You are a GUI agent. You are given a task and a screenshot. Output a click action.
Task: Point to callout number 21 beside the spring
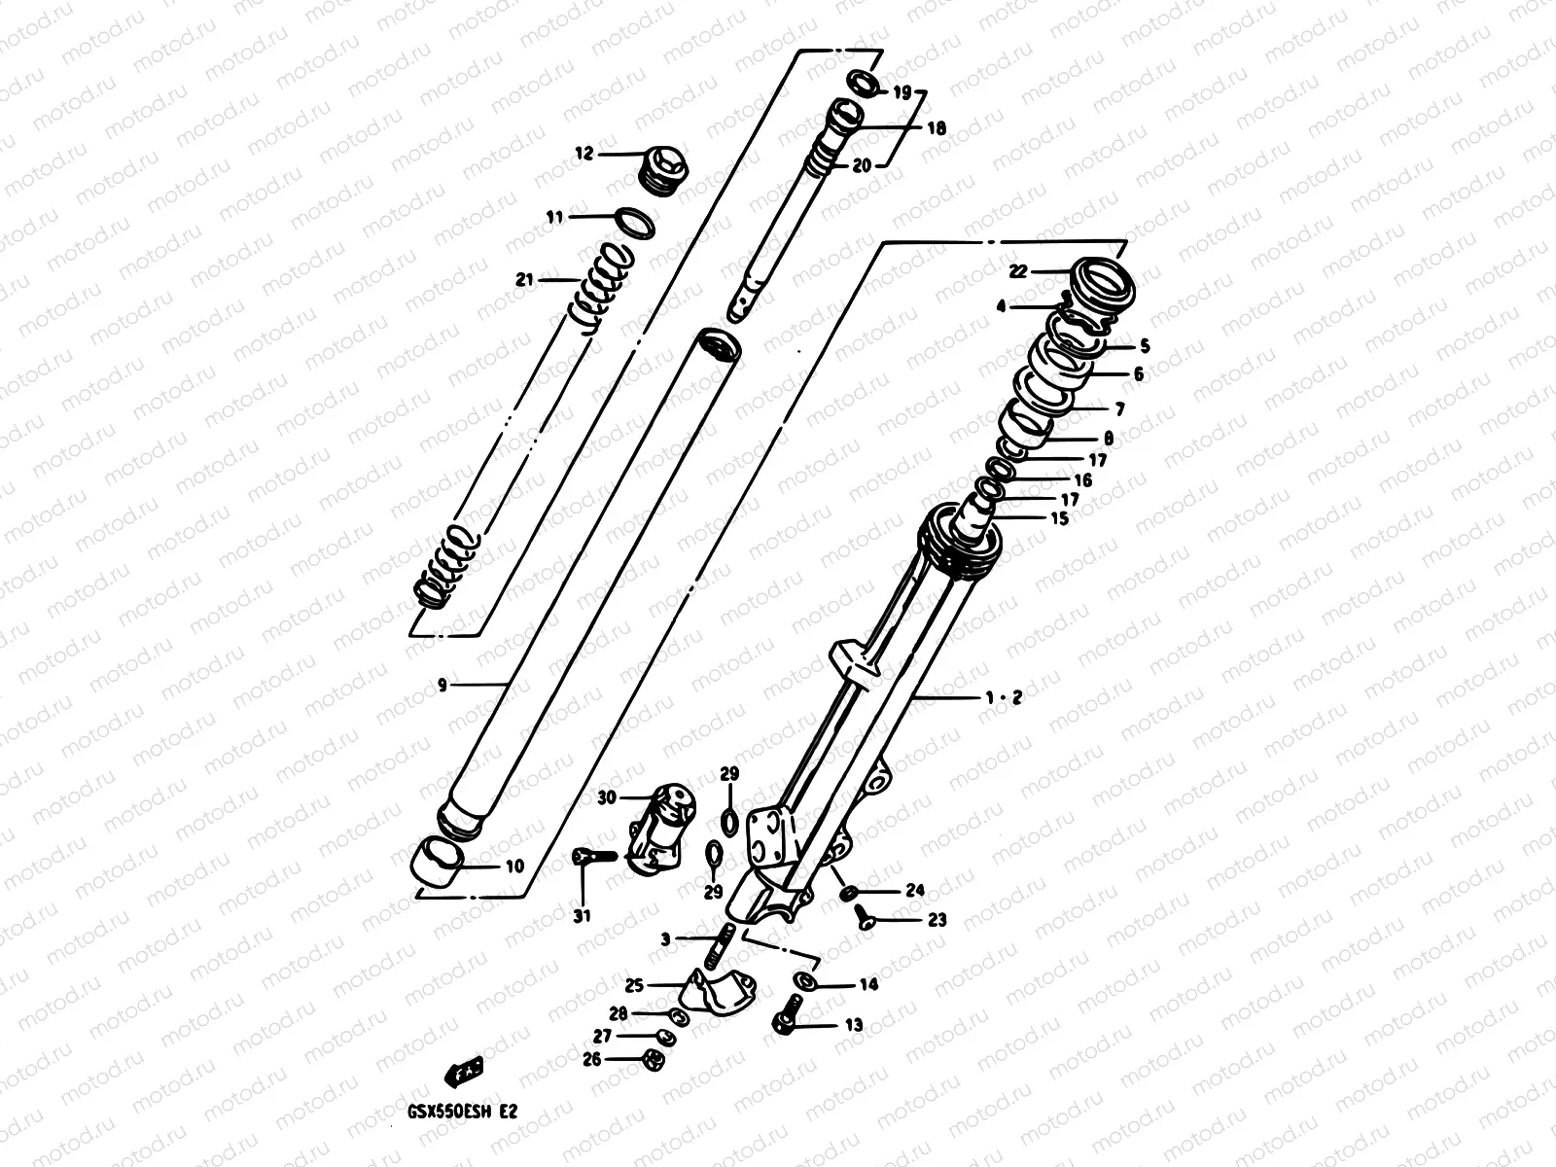[525, 280]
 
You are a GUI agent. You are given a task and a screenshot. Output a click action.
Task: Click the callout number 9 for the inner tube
[442, 686]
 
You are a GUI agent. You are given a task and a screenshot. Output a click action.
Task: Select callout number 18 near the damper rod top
[936, 127]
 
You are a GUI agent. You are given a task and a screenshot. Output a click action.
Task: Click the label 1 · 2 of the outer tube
[1003, 698]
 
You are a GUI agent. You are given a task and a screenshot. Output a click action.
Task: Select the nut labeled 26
[654, 1059]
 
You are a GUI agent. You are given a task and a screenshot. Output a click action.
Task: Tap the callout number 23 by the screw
[937, 920]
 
